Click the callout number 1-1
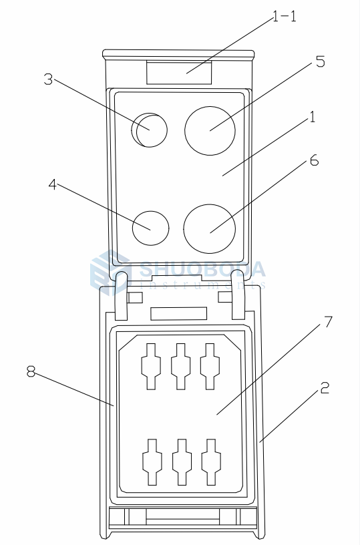point(285,17)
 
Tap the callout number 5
point(320,62)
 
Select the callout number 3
point(48,79)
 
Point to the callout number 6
point(315,161)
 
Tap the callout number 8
point(31,372)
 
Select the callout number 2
point(324,387)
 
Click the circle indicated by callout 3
point(150,130)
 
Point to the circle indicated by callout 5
point(210,130)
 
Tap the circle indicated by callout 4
point(150,228)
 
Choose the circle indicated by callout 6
point(210,228)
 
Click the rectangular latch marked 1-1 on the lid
point(179,73)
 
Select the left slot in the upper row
point(150,366)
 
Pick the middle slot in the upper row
point(180,366)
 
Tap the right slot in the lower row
point(210,462)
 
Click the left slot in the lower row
point(151,462)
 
